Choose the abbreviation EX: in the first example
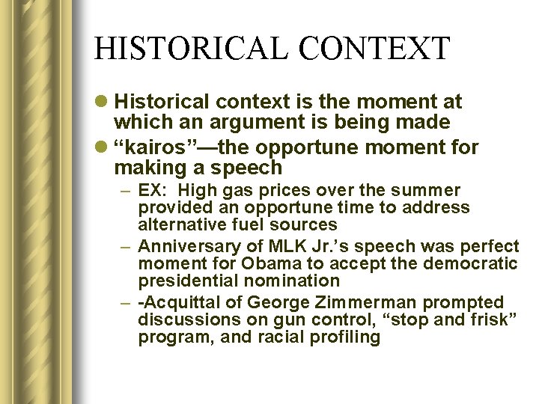point(153,191)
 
